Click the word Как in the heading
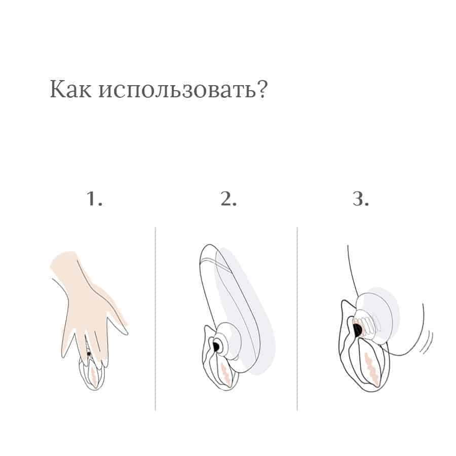tap(70, 89)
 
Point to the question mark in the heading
tap(262, 88)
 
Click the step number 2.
tap(229, 199)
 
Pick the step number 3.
tap(361, 199)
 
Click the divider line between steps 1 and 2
tap(156, 319)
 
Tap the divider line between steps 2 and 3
tap(297, 319)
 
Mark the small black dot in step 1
tap(89, 354)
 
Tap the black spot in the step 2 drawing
tap(216, 346)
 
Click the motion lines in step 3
tap(428, 343)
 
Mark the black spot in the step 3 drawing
tap(357, 329)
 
